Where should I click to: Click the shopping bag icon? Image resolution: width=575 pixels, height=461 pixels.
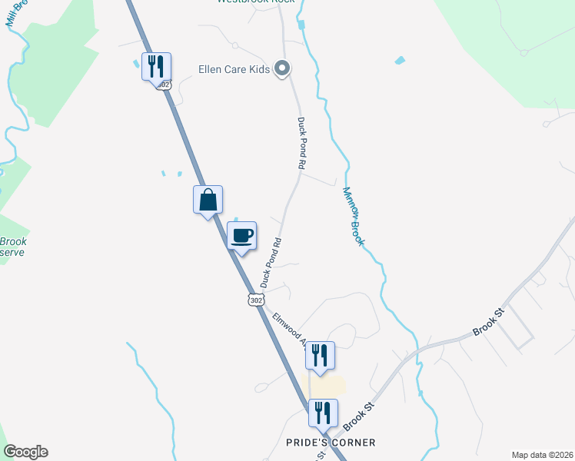208,201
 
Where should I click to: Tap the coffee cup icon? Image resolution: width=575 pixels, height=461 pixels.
242,235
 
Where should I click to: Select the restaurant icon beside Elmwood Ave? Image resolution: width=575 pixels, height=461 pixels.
320,355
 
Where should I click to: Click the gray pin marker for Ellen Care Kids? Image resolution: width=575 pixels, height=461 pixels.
282,69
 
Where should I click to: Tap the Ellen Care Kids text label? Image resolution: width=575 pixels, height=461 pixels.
233,70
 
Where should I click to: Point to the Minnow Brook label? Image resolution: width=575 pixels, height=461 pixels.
353,217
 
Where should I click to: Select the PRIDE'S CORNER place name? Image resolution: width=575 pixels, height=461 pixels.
331,443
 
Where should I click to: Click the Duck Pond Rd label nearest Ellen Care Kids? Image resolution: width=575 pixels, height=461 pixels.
302,144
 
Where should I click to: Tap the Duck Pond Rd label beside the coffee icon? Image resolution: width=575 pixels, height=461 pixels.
271,263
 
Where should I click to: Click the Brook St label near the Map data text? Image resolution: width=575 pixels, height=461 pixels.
487,329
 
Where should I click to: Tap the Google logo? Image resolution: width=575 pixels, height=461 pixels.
25,452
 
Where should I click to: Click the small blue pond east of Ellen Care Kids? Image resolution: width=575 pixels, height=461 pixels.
399,60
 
